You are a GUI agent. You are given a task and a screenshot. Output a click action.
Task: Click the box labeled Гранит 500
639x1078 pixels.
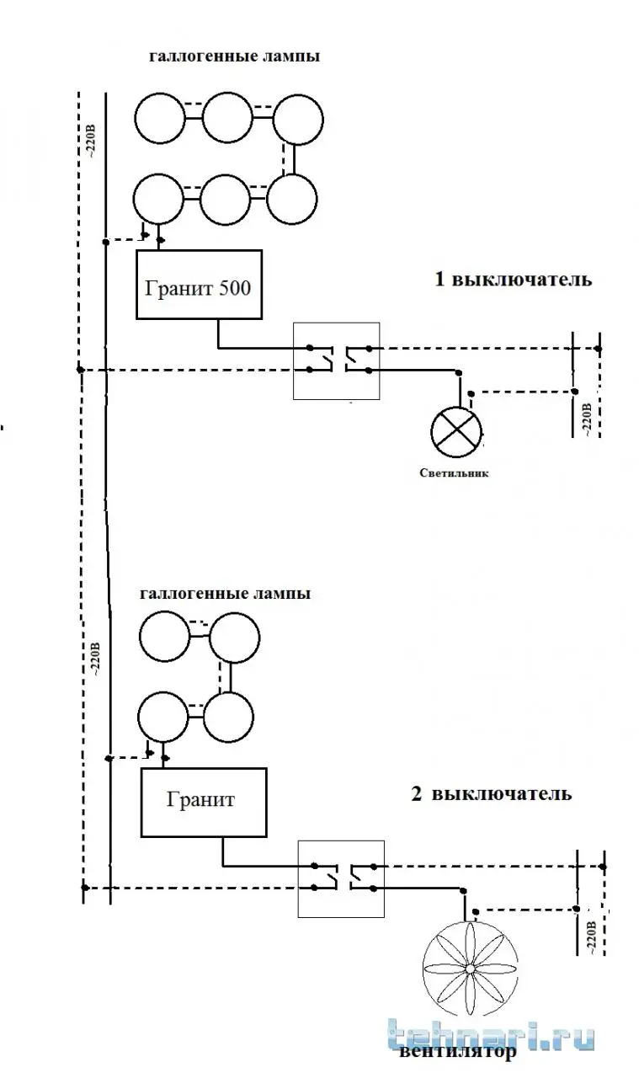tap(199, 284)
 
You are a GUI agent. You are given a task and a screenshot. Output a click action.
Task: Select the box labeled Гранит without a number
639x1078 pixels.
tap(204, 802)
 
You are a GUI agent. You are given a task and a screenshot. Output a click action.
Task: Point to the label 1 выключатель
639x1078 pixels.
tap(512, 280)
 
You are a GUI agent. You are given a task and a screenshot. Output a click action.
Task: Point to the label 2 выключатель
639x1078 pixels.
tap(492, 794)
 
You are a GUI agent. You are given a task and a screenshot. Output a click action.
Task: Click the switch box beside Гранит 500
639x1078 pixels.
tap(337, 360)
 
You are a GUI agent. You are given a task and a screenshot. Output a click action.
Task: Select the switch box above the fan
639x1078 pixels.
tap(340, 878)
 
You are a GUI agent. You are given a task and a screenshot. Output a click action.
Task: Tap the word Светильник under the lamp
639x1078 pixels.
tap(454, 473)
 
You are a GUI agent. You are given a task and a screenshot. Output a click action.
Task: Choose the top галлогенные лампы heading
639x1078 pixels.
tap(234, 58)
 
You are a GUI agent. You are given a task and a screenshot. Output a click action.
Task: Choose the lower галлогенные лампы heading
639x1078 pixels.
tap(226, 593)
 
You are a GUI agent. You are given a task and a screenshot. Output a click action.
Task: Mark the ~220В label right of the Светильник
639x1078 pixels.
tap(587, 419)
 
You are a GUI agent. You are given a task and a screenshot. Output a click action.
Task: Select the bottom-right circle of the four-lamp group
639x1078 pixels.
tap(230, 717)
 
